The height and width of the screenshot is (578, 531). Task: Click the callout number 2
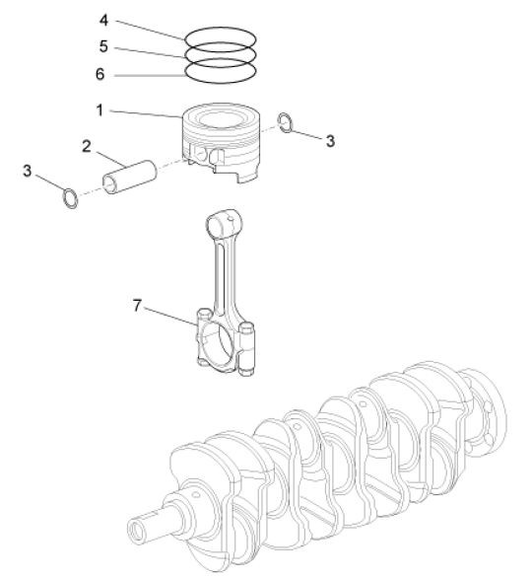click(x=87, y=146)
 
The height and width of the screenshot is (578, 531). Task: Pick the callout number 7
click(x=138, y=306)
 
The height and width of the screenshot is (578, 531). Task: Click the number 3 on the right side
click(x=331, y=141)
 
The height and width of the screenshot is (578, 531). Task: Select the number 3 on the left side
click(x=26, y=171)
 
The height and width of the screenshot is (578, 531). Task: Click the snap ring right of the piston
click(x=284, y=122)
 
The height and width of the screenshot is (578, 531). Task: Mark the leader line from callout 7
click(x=167, y=314)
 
